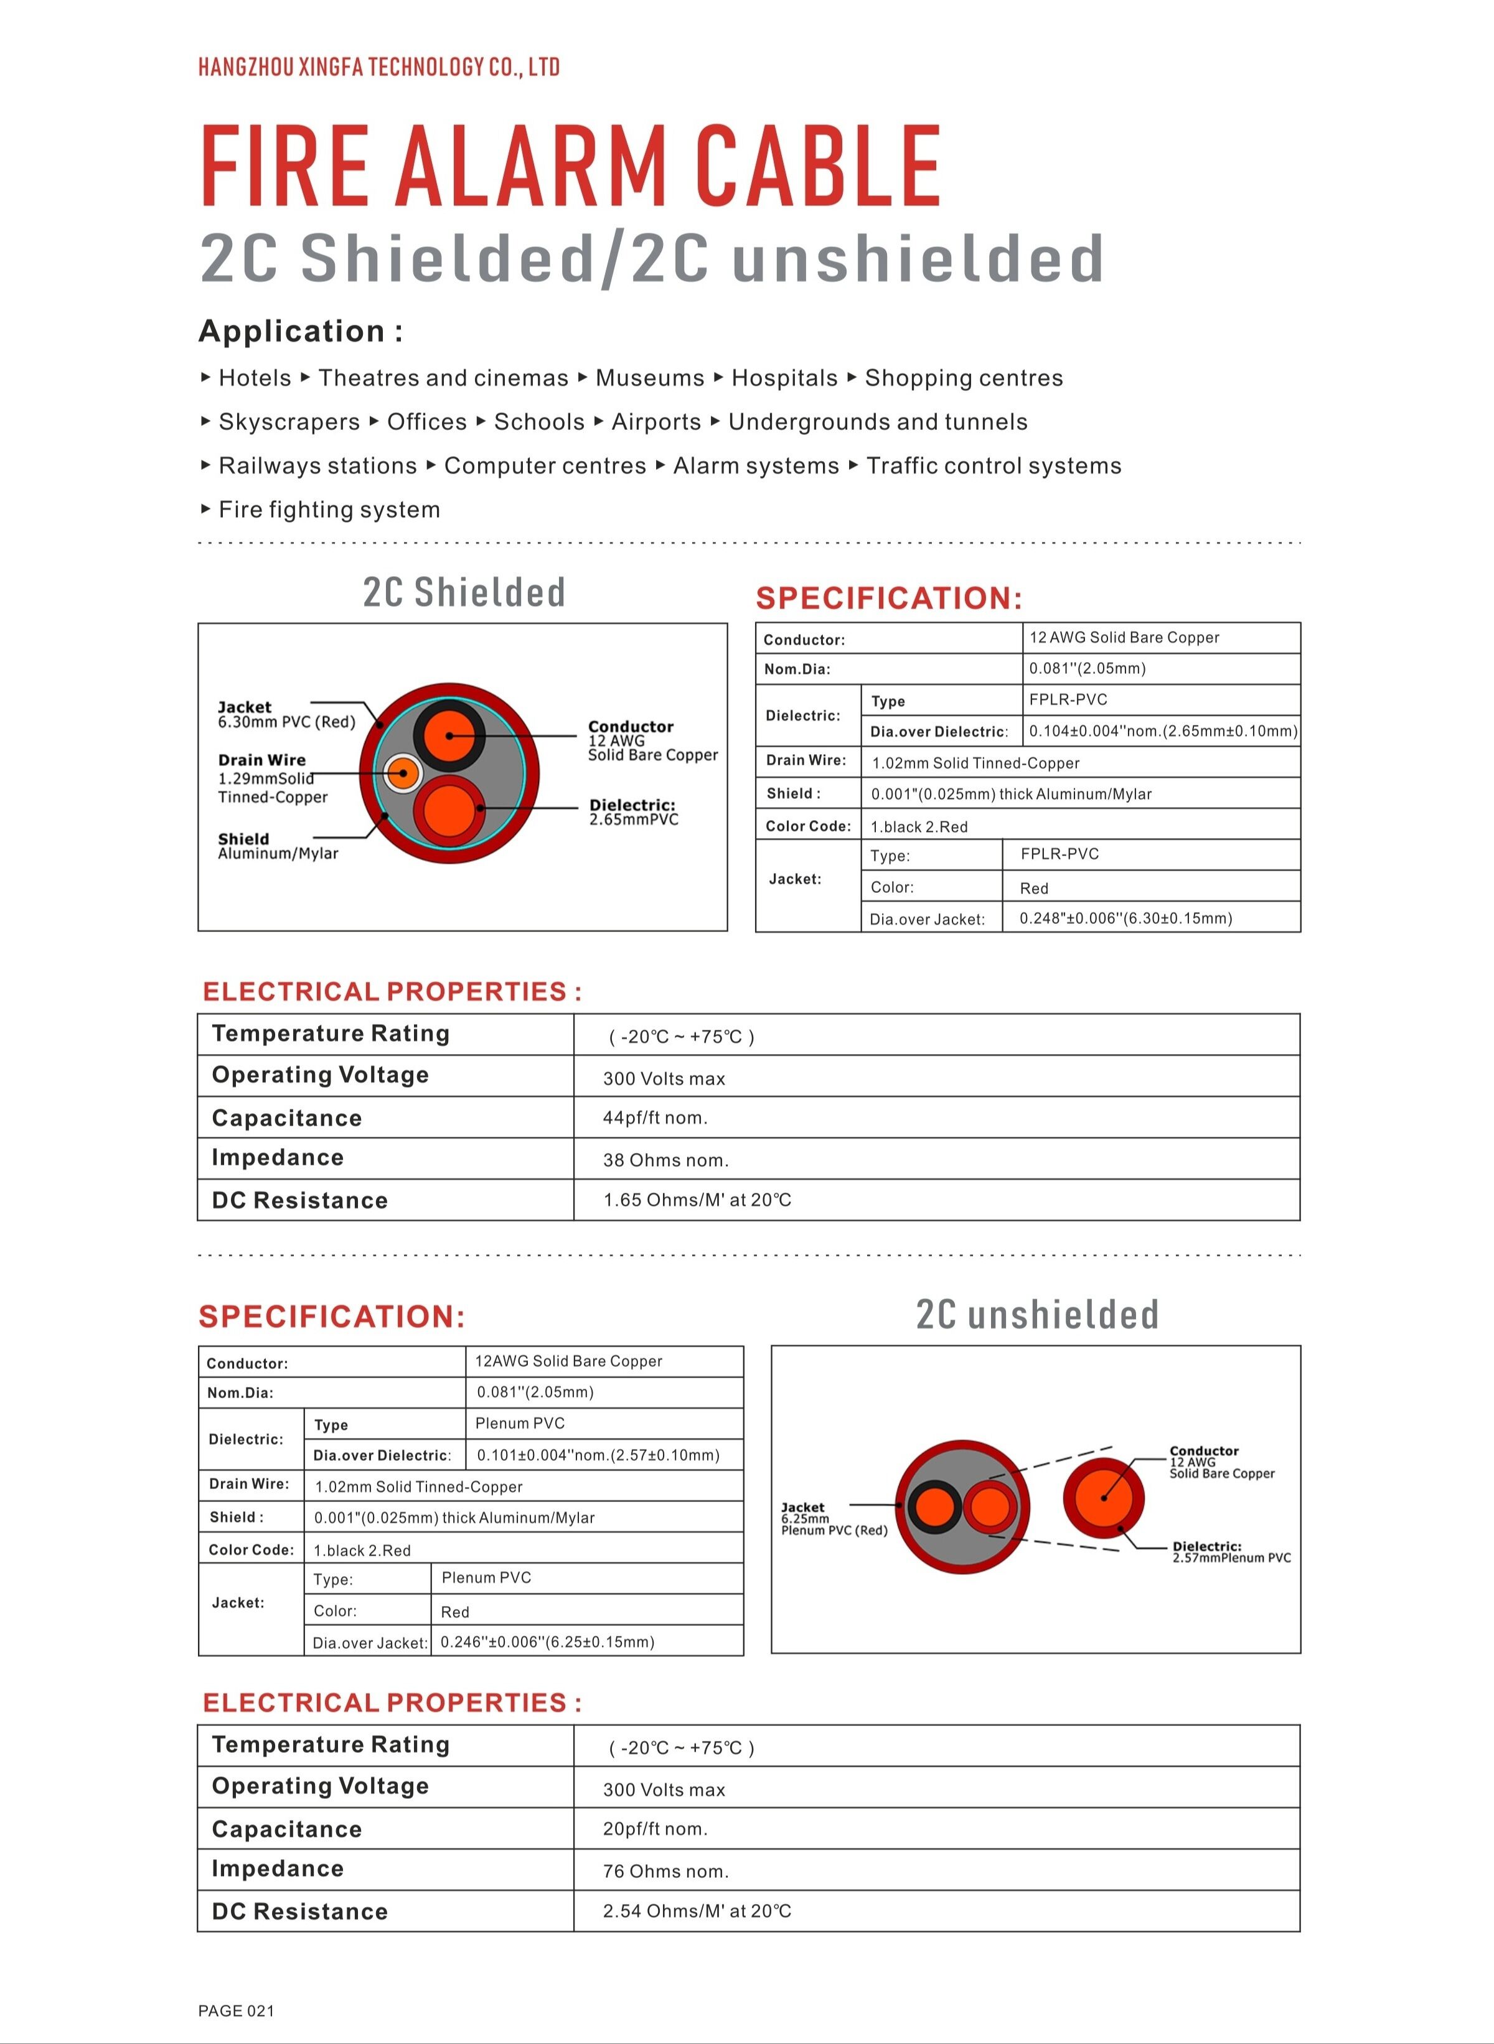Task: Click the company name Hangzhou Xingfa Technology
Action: pyautogui.click(x=378, y=67)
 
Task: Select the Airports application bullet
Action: pyautogui.click(x=655, y=422)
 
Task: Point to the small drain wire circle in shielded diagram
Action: pyautogui.click(x=402, y=774)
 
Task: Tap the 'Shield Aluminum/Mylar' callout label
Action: pyautogui.click(x=278, y=846)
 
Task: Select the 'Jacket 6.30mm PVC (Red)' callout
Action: pyautogui.click(x=286, y=714)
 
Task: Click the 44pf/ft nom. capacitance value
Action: pyautogui.click(x=655, y=1118)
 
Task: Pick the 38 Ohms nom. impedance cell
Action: pyautogui.click(x=665, y=1160)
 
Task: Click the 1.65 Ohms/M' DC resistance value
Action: pyautogui.click(x=697, y=1200)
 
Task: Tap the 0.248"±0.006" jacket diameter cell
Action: pyautogui.click(x=1125, y=918)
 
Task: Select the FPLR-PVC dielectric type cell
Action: pyautogui.click(x=1068, y=700)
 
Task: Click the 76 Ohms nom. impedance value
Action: pyautogui.click(x=665, y=1871)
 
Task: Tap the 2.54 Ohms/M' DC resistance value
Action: pyautogui.click(x=697, y=1911)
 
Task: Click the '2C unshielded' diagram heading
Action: pyautogui.click(x=1036, y=1315)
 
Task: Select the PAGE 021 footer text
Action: pyautogui.click(x=236, y=2010)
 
